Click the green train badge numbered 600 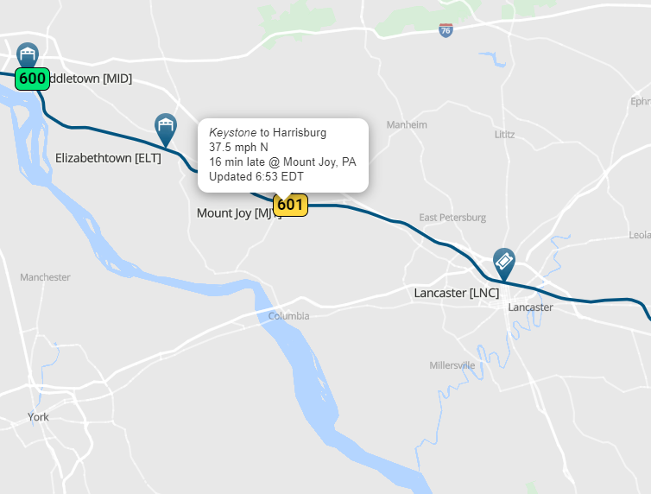pyautogui.click(x=32, y=79)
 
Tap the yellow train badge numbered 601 pyautogui.click(x=290, y=205)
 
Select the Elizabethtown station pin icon pyautogui.click(x=165, y=129)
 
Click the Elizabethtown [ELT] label pyautogui.click(x=108, y=158)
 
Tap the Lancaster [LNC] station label pyautogui.click(x=457, y=294)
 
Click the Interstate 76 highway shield pyautogui.click(x=446, y=30)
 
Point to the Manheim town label pyautogui.click(x=407, y=124)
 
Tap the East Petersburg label pyautogui.click(x=452, y=218)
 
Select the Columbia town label pyautogui.click(x=288, y=316)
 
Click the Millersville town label pyautogui.click(x=452, y=365)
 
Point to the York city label pyautogui.click(x=38, y=417)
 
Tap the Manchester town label pyautogui.click(x=45, y=277)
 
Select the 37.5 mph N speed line pyautogui.click(x=238, y=148)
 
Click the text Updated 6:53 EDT pyautogui.click(x=256, y=177)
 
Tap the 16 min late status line pyautogui.click(x=282, y=162)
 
